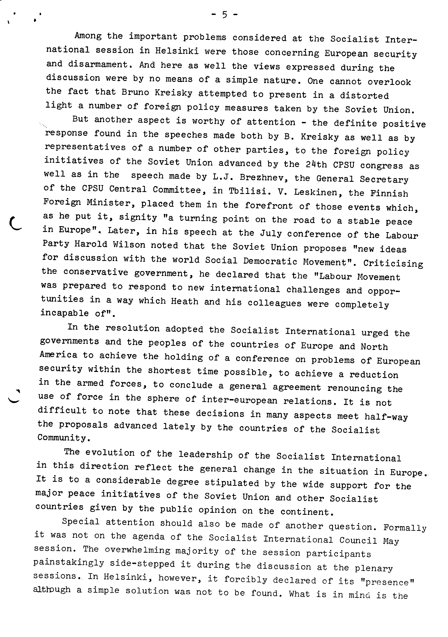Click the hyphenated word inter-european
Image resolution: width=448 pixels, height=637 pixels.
click(x=239, y=400)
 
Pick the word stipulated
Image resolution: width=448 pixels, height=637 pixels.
click(x=231, y=483)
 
